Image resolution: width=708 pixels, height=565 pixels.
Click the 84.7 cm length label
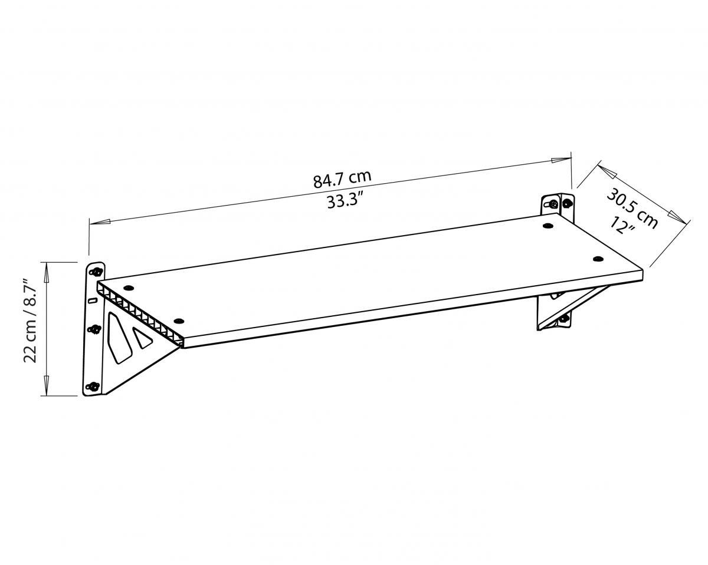[342, 179]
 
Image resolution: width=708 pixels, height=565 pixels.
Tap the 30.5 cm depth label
[632, 209]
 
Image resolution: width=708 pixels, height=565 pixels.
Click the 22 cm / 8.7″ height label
[29, 321]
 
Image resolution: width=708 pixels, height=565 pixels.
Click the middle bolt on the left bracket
[95, 329]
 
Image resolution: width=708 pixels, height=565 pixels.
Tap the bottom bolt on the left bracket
[94, 386]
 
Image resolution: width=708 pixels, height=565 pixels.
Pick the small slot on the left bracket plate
[93, 300]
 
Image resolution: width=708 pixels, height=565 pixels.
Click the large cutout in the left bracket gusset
[119, 338]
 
